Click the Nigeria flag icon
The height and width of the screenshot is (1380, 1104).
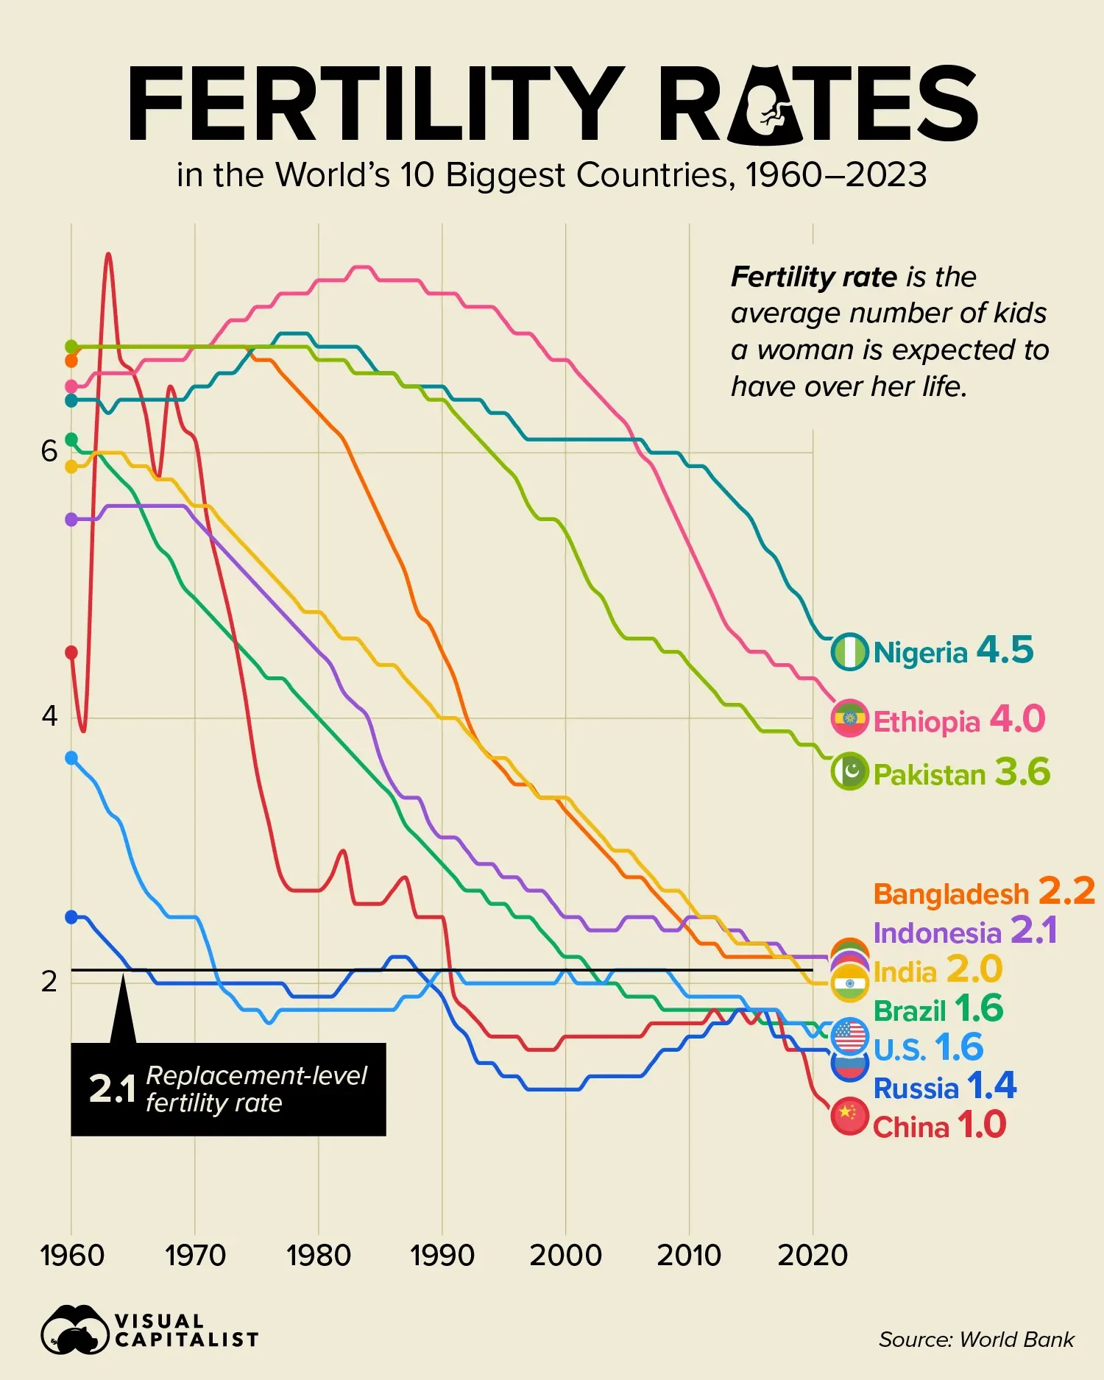[850, 651]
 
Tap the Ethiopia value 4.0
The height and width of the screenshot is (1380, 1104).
[1017, 719]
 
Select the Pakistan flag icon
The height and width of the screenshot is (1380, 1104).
[850, 772]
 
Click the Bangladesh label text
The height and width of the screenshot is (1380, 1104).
[950, 894]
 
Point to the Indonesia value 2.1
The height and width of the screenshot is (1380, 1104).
[1033, 930]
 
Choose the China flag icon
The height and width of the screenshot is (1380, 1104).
[849, 1116]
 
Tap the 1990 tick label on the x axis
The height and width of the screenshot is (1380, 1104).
[442, 1256]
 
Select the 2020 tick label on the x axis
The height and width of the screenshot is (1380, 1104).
[813, 1256]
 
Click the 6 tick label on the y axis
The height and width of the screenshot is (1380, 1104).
[49, 451]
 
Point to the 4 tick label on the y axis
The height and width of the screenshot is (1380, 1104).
[49, 715]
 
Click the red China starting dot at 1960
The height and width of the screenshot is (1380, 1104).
[71, 652]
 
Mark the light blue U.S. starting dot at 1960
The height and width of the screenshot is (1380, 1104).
[71, 758]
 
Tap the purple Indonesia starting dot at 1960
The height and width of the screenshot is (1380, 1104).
[71, 520]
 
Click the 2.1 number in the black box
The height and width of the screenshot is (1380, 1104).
[112, 1089]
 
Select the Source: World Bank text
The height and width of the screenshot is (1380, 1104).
[976, 1340]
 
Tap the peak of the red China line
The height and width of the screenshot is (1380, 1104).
[108, 254]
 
